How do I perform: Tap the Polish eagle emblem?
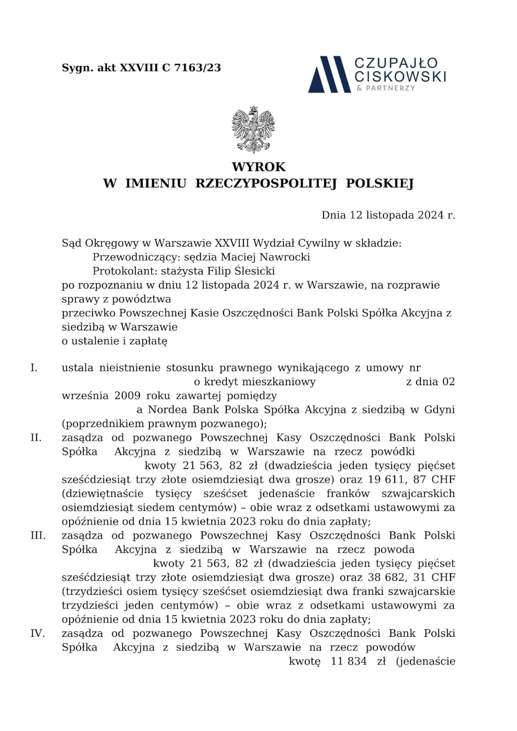tap(254, 129)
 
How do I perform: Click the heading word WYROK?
tap(258, 167)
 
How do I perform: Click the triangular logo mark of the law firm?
tap(330, 74)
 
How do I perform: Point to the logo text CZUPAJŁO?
tap(396, 63)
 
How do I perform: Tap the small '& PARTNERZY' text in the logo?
tap(386, 88)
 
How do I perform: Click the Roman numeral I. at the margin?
tap(34, 368)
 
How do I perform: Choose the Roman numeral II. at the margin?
tap(36, 438)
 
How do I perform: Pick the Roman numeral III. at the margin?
tap(38, 535)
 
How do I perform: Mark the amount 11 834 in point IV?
tap(349, 661)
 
